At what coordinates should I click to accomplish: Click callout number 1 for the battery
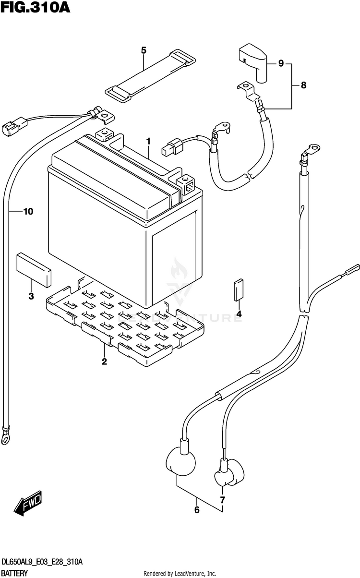click(149, 141)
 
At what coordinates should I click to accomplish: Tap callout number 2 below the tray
click(104, 361)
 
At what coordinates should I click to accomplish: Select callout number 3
click(31, 296)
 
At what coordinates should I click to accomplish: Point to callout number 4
click(239, 314)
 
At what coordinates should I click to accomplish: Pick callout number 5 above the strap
click(143, 50)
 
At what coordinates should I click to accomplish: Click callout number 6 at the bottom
click(196, 510)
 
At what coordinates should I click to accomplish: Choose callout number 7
click(222, 500)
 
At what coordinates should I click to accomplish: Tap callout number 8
click(303, 85)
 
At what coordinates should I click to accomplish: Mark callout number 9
click(281, 63)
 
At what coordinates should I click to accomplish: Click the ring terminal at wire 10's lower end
click(7, 437)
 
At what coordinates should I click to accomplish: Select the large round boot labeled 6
click(181, 461)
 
